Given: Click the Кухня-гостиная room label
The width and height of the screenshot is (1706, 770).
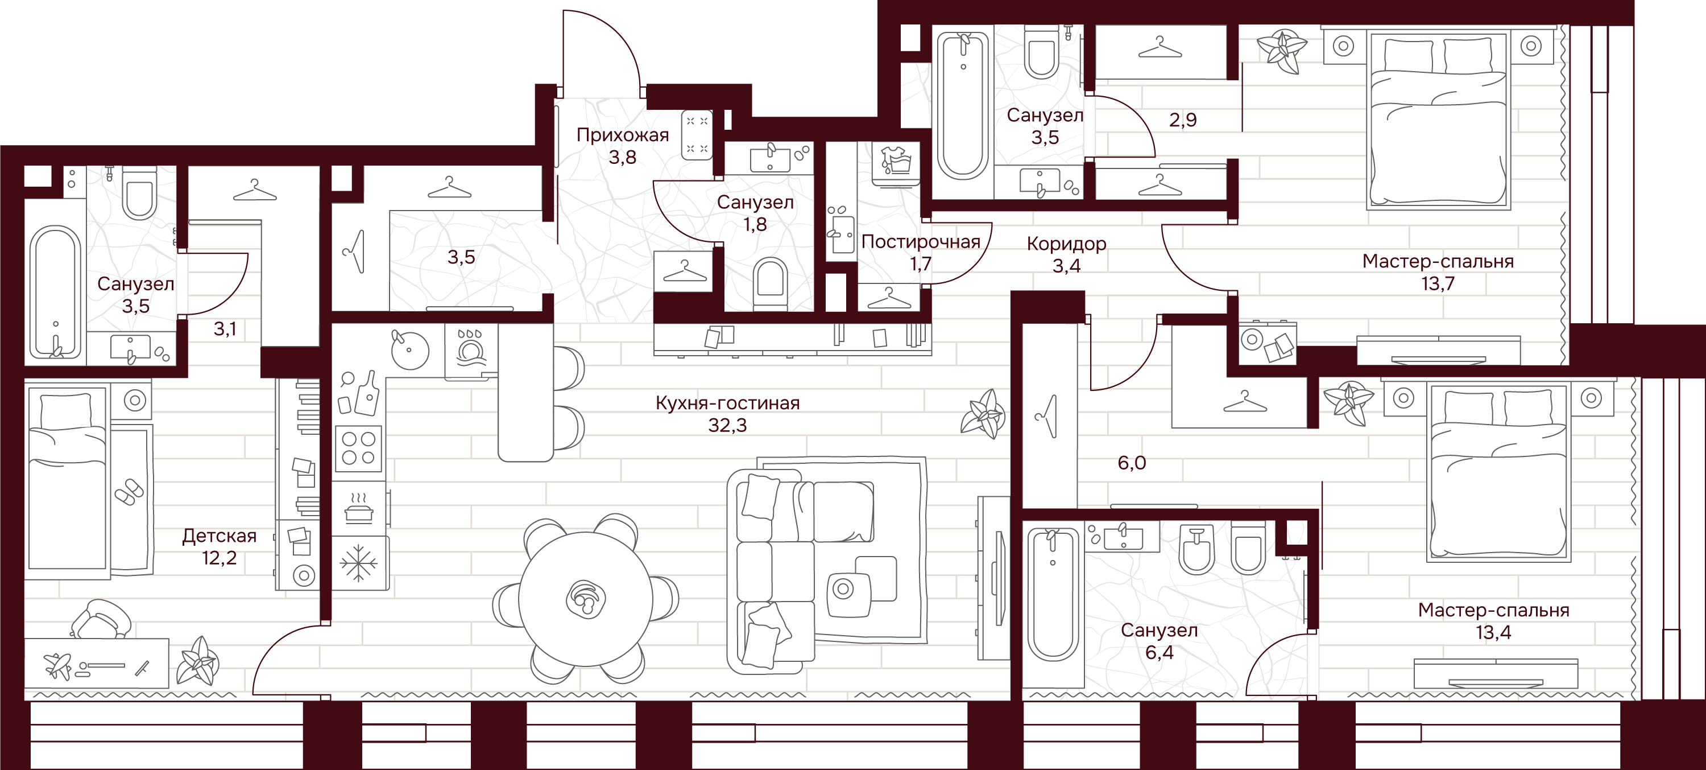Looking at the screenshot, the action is (727, 403).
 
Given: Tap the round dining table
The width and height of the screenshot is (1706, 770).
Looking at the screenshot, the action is (586, 598).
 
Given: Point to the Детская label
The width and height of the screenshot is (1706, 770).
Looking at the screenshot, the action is (219, 536).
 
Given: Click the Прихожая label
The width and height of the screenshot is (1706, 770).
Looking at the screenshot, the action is (623, 135).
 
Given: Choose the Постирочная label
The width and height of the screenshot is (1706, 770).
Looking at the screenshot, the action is (921, 241).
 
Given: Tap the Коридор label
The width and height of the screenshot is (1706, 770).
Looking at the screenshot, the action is (1066, 244).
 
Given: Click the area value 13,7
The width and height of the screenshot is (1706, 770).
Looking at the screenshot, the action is (1438, 283).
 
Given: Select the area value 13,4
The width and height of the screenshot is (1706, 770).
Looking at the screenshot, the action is (1493, 632).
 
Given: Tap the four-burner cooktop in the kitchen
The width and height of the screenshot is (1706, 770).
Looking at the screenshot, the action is (358, 448).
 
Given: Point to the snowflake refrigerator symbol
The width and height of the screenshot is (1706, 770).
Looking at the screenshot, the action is (358, 563).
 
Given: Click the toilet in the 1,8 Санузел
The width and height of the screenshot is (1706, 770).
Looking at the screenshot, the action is (770, 283).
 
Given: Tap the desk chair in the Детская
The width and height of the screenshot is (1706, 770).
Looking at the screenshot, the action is (101, 618).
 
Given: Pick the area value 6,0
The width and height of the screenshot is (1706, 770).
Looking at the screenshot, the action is (1132, 463).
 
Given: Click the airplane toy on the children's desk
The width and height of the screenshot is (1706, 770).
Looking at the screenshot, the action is (58, 665).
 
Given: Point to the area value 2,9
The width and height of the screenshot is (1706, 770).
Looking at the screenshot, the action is (1183, 120).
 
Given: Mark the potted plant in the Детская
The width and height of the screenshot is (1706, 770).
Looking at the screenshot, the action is (197, 662).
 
